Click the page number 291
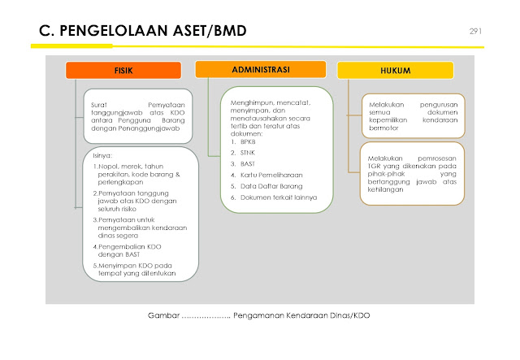tap(476, 31)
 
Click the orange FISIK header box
tap(123, 71)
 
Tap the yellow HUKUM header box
tap(395, 71)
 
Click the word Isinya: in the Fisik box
tap(102, 154)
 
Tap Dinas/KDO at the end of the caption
tap(346, 314)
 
